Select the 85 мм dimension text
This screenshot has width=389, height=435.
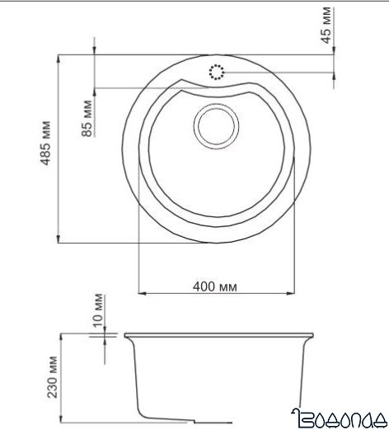coord(87,116)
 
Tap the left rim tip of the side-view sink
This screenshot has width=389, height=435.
coord(126,336)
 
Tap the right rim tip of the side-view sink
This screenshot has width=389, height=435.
coord(312,336)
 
